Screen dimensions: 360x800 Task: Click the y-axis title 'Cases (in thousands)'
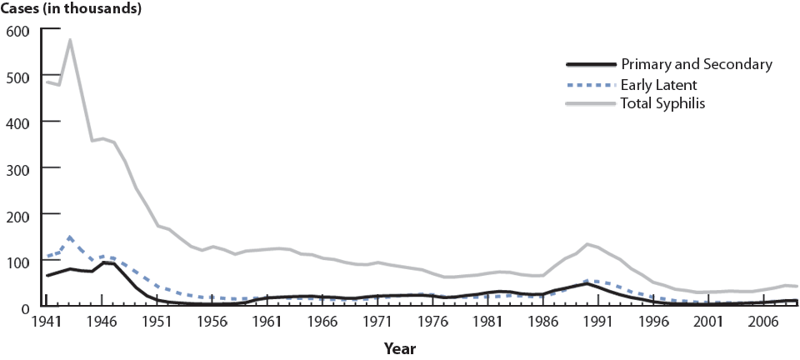click(71, 9)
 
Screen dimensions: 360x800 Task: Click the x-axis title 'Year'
click(401, 347)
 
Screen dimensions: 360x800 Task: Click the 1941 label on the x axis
click(47, 322)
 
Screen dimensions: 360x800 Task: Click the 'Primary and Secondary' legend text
click(697, 64)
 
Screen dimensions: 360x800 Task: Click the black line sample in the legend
click(589, 65)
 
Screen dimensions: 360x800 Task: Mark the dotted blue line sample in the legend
click(589, 85)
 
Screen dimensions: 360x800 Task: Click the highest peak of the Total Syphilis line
click(70, 40)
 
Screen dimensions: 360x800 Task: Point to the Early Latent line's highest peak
click(70, 237)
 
